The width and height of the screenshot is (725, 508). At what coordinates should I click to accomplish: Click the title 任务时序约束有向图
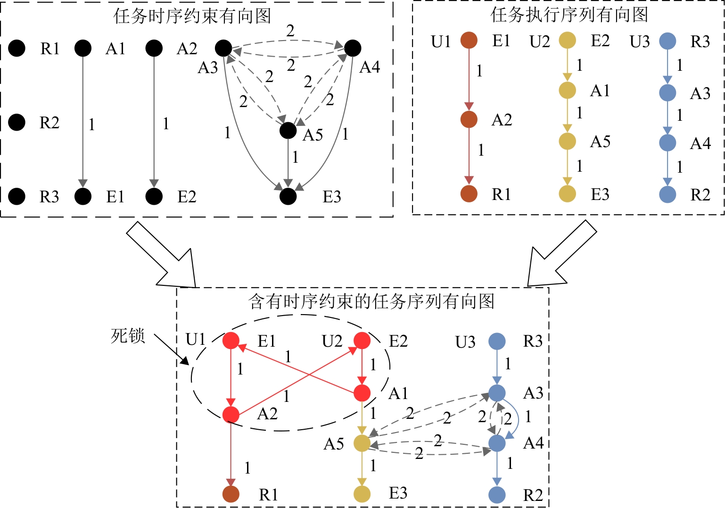[x=192, y=16]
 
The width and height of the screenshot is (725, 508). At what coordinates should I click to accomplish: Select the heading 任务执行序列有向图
[x=569, y=15]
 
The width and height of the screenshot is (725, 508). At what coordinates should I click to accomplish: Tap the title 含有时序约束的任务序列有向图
[x=371, y=301]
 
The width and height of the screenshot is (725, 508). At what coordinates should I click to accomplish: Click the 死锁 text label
[x=127, y=336]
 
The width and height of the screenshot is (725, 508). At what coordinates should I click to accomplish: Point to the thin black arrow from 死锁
[x=172, y=350]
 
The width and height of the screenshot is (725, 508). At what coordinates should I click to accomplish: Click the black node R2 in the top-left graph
[x=17, y=122]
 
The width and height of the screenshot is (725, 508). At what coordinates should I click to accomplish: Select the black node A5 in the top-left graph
[x=288, y=131]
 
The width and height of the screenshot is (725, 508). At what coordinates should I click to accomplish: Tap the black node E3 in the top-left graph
[x=288, y=196]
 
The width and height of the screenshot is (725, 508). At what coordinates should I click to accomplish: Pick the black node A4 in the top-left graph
[x=353, y=48]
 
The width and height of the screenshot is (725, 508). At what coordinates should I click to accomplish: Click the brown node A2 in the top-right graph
[x=469, y=119]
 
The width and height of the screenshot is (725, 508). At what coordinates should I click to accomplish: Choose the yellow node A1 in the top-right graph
[x=568, y=90]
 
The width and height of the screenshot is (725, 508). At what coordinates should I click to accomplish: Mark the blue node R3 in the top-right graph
[x=667, y=41]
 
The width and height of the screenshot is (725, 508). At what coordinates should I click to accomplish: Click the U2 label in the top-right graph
[x=540, y=42]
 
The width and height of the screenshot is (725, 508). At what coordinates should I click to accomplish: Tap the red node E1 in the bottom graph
[x=231, y=341]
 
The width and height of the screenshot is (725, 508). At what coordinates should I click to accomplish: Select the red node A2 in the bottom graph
[x=231, y=415]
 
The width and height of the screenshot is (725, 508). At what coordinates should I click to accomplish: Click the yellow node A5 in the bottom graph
[x=362, y=443]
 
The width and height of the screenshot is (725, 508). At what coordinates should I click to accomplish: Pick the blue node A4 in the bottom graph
[x=497, y=443]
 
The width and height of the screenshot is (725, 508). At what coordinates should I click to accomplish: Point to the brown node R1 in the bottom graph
[x=231, y=494]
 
